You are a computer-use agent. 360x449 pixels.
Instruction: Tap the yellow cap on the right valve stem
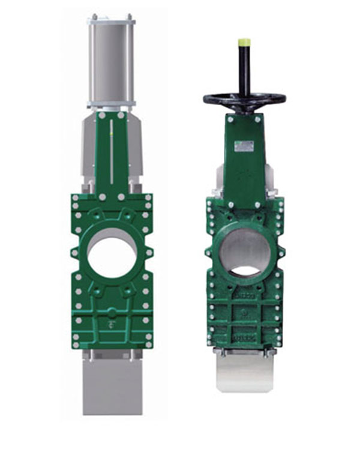click(244, 42)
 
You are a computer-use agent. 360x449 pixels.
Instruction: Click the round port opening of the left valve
click(112, 253)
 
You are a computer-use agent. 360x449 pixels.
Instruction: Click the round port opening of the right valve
click(244, 252)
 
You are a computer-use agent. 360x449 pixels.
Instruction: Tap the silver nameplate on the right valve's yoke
click(244, 144)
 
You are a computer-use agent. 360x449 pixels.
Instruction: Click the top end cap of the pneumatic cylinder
click(112, 22)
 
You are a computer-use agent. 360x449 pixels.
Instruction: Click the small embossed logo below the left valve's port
click(112, 326)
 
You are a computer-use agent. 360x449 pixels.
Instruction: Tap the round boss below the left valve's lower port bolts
click(112, 312)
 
